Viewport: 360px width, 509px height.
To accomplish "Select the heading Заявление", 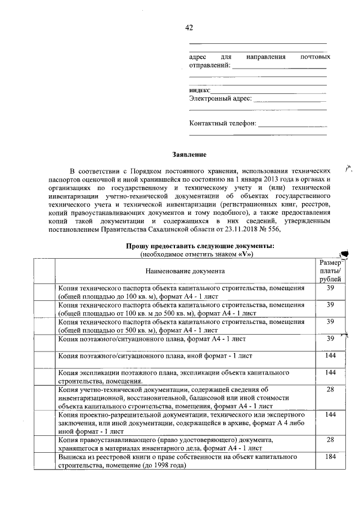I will (189, 154).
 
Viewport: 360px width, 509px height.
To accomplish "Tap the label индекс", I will (200, 90).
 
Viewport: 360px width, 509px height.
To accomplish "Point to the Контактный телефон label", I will (223, 123).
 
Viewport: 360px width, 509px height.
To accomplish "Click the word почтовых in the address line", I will (315, 57).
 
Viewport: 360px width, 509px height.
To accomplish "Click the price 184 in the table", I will (330, 457).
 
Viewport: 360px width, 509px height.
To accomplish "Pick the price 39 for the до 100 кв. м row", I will (330, 288).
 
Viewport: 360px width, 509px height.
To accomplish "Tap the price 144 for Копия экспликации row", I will (330, 373).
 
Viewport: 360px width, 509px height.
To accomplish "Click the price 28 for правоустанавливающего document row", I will (330, 440).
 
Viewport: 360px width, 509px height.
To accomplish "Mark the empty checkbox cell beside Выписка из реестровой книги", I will (43, 462).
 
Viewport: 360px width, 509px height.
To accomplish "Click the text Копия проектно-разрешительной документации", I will (125, 415).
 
